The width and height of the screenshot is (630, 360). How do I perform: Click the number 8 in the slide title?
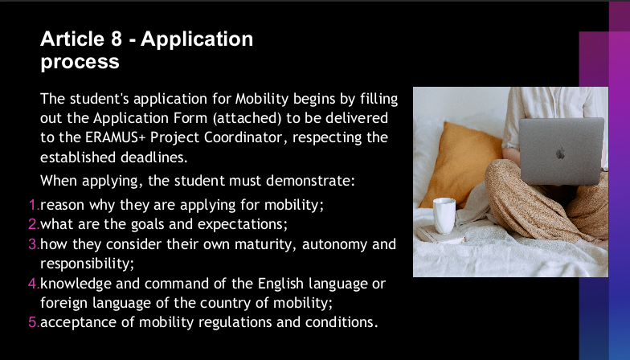(x=116, y=39)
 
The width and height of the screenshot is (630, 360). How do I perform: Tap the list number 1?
(x=35, y=205)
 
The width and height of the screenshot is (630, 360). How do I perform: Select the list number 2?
(x=34, y=224)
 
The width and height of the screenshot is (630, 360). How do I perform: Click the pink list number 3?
(x=34, y=244)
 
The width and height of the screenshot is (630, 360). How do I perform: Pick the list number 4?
(x=34, y=283)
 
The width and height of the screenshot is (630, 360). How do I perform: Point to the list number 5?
(x=34, y=321)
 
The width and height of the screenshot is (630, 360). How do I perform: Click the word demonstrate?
(x=310, y=181)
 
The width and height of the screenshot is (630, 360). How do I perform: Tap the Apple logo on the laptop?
(x=561, y=153)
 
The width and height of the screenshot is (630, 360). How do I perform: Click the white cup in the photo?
(x=444, y=215)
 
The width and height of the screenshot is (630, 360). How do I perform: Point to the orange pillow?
(x=462, y=165)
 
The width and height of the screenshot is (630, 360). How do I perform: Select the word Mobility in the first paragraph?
(x=262, y=99)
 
